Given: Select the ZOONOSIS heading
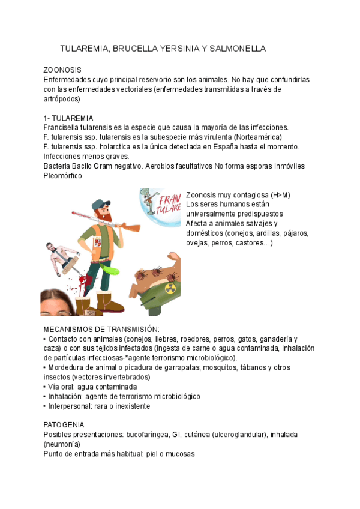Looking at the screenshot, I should point(62,70).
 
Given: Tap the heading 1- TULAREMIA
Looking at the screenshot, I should point(68,118).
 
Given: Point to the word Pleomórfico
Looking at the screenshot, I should point(63,176).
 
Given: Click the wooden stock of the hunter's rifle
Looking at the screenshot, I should point(133,228).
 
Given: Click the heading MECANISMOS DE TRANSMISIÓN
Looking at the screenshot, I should point(101,330).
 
